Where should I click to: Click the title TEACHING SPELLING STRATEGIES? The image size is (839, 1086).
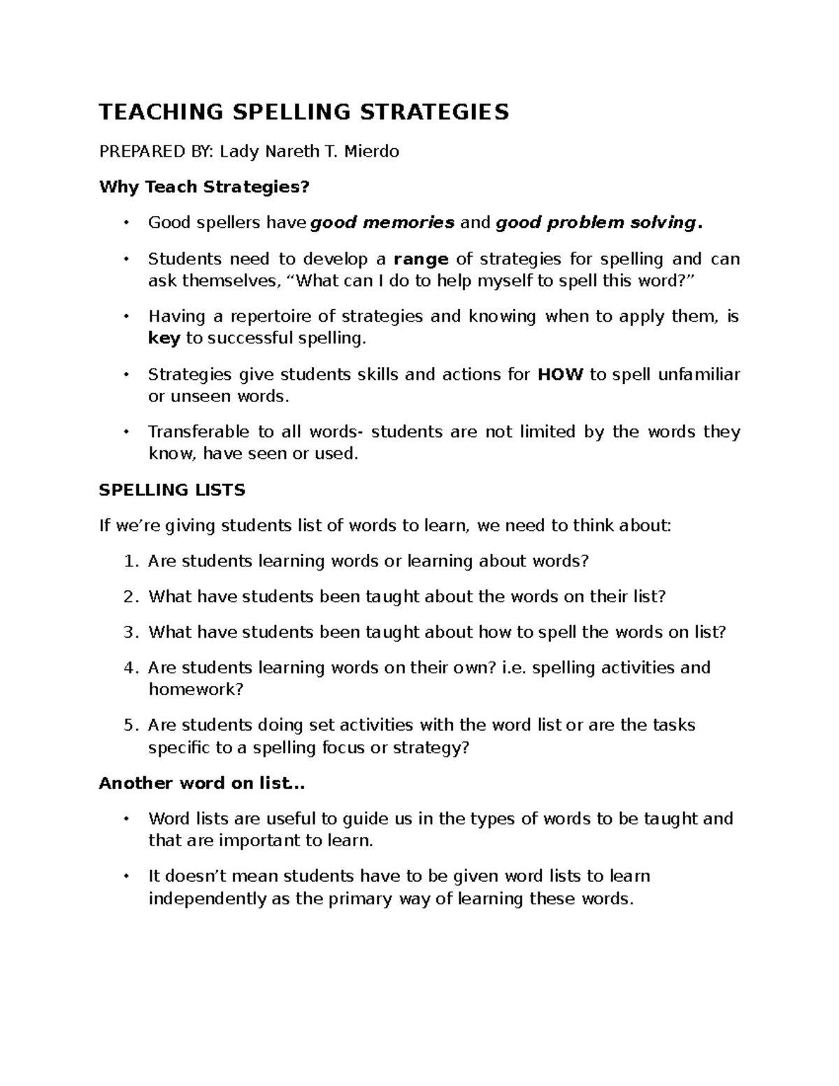click(304, 112)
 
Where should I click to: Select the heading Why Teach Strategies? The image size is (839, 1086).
click(203, 187)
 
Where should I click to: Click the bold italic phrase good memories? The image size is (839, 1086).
click(382, 223)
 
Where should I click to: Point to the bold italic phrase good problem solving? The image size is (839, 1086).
click(596, 223)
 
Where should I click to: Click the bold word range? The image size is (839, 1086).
click(421, 259)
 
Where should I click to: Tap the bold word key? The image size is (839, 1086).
click(164, 339)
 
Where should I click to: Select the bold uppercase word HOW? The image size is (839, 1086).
click(559, 374)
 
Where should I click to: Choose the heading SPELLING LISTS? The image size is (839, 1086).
click(172, 490)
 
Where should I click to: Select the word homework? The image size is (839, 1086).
click(196, 690)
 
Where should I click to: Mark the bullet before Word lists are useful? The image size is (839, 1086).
click(126, 819)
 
